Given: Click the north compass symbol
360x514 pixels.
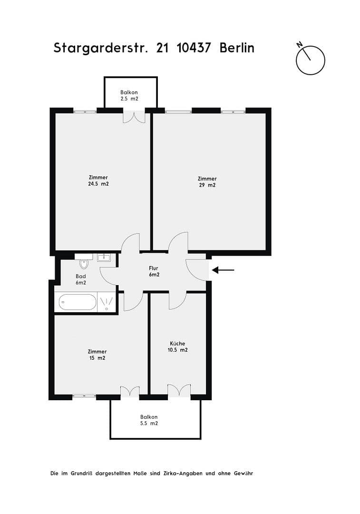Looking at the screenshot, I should (x=310, y=60).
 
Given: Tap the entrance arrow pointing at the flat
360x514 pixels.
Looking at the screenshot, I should (x=223, y=270).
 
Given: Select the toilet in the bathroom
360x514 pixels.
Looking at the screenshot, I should (x=85, y=263).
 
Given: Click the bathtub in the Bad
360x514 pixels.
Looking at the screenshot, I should (x=77, y=302).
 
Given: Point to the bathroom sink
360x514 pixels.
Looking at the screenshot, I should (x=104, y=258).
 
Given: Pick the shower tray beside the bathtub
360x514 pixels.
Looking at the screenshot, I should (x=107, y=302).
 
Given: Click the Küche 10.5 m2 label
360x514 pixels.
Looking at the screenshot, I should (x=178, y=346).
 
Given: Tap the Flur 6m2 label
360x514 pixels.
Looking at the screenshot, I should (x=154, y=271).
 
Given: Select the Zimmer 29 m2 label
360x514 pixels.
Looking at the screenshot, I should (x=207, y=182).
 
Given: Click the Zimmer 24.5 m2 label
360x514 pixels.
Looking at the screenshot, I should (x=98, y=180).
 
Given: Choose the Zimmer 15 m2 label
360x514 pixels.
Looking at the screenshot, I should (x=97, y=355).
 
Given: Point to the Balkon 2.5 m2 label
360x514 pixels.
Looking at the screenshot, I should (x=129, y=95).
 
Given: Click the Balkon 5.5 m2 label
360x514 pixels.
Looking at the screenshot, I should (x=149, y=420).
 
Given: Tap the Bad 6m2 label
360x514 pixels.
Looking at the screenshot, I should (x=81, y=279).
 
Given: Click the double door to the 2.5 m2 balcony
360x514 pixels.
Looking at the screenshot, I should (x=134, y=117).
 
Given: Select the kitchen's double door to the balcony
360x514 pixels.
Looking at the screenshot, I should (x=179, y=390).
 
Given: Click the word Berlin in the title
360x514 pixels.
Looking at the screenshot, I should (x=237, y=48).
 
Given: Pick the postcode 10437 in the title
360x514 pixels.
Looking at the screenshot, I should (x=194, y=48).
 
